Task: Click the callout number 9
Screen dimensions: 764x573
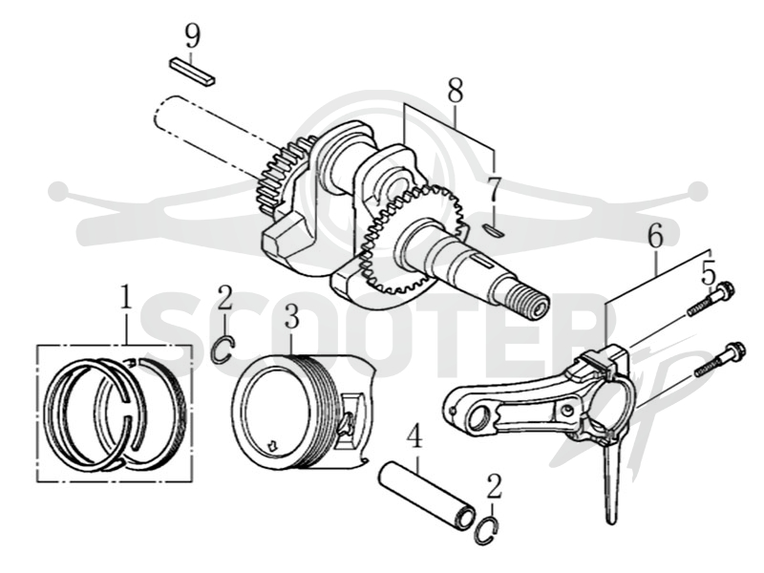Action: pyautogui.click(x=193, y=35)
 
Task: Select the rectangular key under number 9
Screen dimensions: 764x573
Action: pyautogui.click(x=192, y=72)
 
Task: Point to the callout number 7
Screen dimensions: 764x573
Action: pyautogui.click(x=494, y=190)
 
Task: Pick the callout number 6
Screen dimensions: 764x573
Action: pyautogui.click(x=655, y=235)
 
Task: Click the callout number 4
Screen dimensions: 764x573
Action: pyautogui.click(x=414, y=436)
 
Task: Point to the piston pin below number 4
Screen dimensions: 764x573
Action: pyautogui.click(x=427, y=495)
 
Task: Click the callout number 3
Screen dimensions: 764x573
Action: pyautogui.click(x=291, y=316)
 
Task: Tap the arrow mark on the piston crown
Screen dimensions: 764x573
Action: pyautogui.click(x=272, y=444)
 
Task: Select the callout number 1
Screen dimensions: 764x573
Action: pyautogui.click(x=126, y=298)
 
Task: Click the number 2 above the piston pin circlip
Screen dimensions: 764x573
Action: pyautogui.click(x=494, y=487)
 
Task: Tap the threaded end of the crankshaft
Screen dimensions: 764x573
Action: pyautogui.click(x=532, y=303)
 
